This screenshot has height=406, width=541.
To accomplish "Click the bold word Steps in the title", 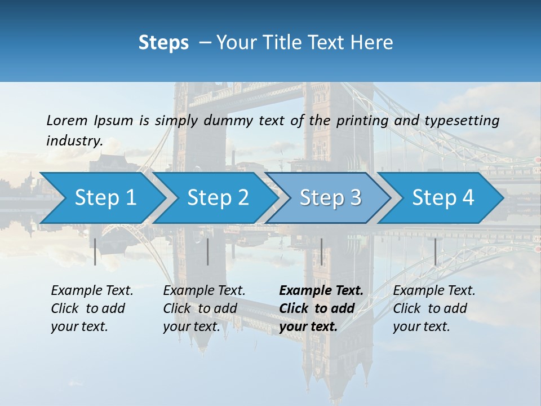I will [163, 43].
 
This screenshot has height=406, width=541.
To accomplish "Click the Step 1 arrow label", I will [105, 198].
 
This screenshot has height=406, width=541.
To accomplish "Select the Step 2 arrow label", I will [218, 198].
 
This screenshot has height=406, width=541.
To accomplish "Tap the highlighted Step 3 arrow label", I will [331, 198].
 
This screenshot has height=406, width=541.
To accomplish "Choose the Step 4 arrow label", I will [443, 198].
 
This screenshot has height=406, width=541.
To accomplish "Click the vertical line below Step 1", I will [95, 251].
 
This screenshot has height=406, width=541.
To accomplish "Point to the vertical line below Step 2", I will [208, 251].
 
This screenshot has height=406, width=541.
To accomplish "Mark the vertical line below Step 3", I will [321, 251].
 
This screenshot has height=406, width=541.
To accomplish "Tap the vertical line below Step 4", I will [435, 251].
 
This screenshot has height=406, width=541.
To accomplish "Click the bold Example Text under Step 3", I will [321, 291].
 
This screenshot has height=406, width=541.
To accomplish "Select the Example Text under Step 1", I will [92, 291].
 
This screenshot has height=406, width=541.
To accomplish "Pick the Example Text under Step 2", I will [204, 291].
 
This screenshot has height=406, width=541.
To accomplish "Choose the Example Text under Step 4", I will [434, 291].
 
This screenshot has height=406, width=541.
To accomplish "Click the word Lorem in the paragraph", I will [66, 120].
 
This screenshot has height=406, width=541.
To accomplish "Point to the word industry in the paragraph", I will [74, 141].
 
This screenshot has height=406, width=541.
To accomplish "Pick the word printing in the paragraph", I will [363, 121].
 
